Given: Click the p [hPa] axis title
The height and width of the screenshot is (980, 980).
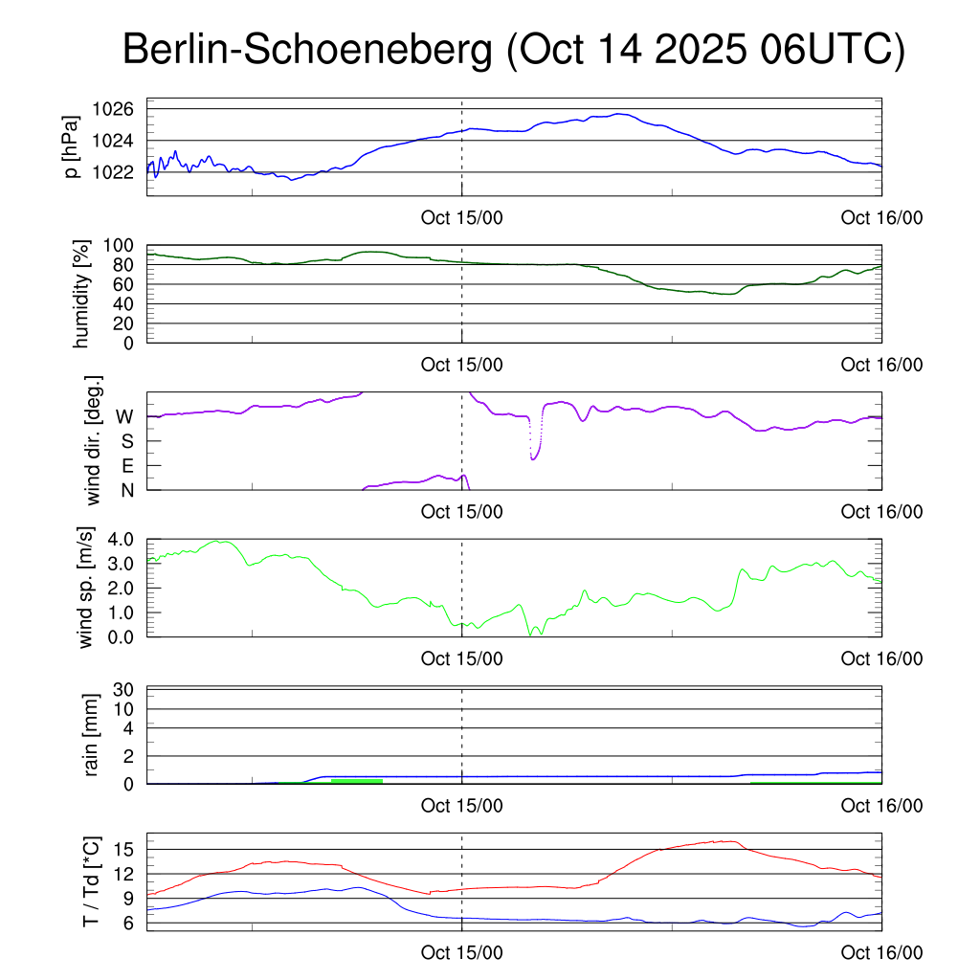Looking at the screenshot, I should coord(70,147).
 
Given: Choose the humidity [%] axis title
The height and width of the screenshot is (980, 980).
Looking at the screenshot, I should coord(79,294).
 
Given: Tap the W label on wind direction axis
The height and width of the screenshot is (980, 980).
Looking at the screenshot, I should coord(124,417).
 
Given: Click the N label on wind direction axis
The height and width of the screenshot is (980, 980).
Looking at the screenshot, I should coord(125,489).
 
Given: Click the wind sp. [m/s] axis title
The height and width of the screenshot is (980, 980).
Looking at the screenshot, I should coord(87,587).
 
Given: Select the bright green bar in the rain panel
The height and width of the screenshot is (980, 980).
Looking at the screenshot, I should coord(356,781).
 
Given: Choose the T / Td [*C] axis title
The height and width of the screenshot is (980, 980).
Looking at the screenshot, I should coord(91,882).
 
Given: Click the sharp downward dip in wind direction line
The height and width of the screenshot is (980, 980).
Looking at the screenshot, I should coord(533,457).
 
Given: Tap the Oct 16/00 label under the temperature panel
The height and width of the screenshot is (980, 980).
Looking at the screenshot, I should coord(881,953).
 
